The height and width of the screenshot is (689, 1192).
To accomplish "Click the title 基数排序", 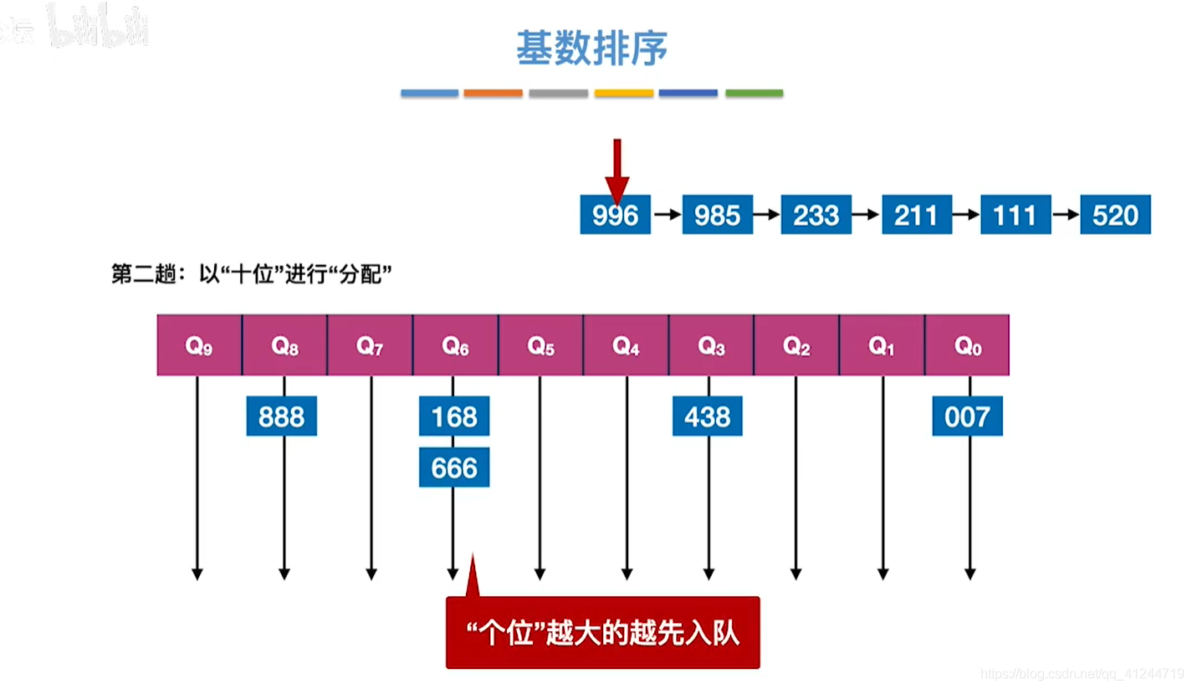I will click(x=591, y=48).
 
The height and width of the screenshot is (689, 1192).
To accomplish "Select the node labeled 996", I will click(x=615, y=216).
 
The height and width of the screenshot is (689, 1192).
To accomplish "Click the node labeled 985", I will click(x=717, y=216).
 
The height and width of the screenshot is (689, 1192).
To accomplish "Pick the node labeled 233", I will click(x=816, y=216).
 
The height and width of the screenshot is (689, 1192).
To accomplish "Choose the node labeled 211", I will click(x=915, y=216).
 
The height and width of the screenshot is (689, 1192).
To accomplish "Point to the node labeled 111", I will click(x=1015, y=216).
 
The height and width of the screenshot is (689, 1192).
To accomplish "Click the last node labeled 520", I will click(x=1115, y=216).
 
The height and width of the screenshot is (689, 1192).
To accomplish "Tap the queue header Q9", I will click(x=199, y=345).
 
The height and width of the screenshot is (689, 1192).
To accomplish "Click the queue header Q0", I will click(x=968, y=345).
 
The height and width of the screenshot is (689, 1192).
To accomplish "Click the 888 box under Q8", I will click(x=282, y=416).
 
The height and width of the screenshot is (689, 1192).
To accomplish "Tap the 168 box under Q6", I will click(x=454, y=416).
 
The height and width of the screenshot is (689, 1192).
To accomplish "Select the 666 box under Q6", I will click(x=454, y=468).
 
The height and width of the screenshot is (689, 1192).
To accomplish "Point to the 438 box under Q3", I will click(x=708, y=416).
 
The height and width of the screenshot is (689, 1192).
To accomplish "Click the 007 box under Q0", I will click(x=968, y=416).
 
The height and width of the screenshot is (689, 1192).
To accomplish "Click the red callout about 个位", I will click(x=602, y=633).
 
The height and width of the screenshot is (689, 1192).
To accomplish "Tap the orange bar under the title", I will click(x=493, y=93).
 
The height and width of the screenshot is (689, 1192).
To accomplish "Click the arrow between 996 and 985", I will click(x=667, y=216).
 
